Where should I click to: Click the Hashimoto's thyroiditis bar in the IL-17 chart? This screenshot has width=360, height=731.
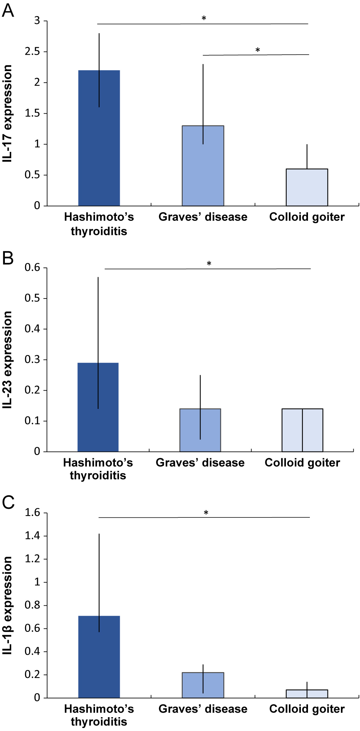pos(99,138)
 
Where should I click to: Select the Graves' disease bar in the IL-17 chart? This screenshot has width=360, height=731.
pos(203,166)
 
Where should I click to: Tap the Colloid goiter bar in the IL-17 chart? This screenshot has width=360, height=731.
pos(307,187)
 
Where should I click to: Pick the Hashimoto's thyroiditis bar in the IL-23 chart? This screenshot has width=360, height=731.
pos(98,407)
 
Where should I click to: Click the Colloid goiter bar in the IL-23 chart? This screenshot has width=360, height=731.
pos(302,430)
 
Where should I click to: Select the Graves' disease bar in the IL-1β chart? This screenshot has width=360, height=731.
pos(203,685)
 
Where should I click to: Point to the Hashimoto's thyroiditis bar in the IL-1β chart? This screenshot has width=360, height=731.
pos(99,657)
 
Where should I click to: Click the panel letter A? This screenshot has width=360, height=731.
pos(8,10)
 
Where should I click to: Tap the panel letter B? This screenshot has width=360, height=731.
pos(8,258)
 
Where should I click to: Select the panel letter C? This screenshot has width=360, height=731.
pos(8,502)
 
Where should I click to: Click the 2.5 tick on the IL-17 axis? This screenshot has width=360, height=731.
pos(32,52)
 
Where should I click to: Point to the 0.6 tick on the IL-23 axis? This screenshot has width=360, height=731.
pos(32,267)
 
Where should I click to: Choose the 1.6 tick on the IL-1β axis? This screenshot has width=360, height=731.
pos(32,513)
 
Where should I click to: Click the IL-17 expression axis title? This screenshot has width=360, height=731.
pos(7,113)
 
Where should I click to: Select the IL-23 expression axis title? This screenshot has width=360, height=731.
pos(7,360)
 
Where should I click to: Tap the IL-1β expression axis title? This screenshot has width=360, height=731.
pos(7,605)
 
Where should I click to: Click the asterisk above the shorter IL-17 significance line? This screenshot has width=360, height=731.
pos(257,50)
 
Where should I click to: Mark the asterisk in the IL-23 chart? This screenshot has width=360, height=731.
pos(209,264)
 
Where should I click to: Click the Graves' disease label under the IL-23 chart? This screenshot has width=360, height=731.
pos(200,463)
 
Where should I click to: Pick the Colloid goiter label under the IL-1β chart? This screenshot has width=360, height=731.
pos(307,709)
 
